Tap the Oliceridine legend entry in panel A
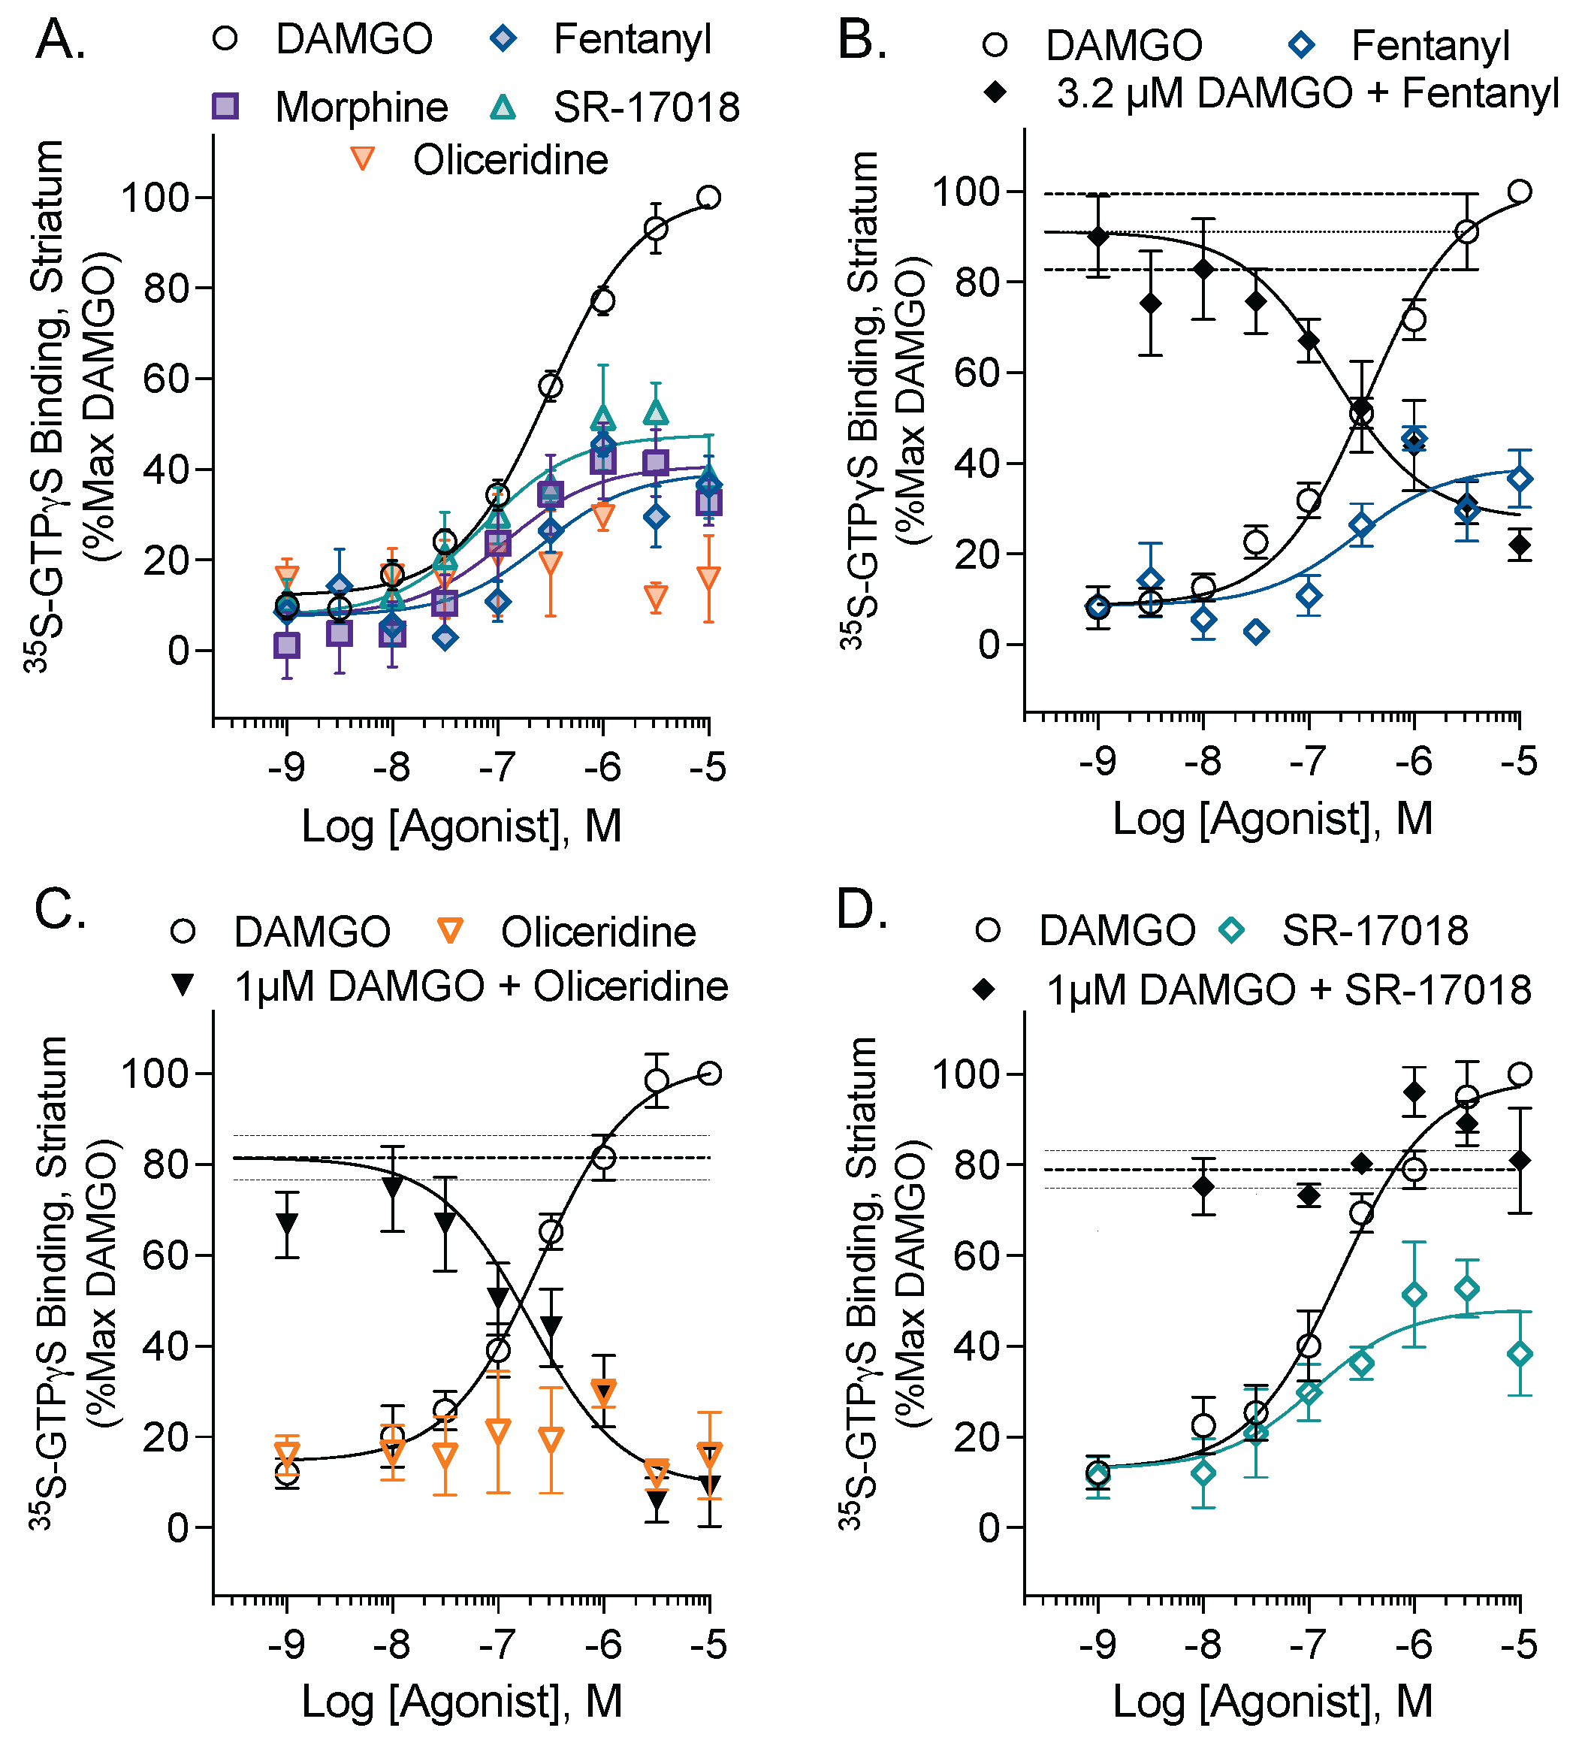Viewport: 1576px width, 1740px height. (x=509, y=161)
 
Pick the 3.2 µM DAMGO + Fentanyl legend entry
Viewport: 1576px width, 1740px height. (x=1307, y=93)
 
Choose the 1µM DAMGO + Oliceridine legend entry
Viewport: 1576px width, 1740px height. (x=481, y=986)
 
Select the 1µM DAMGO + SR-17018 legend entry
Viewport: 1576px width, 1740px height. (x=1288, y=990)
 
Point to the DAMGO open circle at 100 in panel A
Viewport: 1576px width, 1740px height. (x=708, y=197)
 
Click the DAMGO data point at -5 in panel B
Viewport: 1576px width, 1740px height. (x=1520, y=191)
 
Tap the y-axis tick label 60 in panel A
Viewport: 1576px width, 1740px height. (x=166, y=379)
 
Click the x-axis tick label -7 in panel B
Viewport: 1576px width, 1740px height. (x=1309, y=761)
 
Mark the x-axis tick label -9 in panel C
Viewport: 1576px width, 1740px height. (x=286, y=1644)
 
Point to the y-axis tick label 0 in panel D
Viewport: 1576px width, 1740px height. (x=989, y=1527)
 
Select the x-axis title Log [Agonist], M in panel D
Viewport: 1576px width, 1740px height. (x=1273, y=1702)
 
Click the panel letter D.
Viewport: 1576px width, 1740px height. (x=862, y=911)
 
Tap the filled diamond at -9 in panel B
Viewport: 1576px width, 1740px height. (x=1097, y=237)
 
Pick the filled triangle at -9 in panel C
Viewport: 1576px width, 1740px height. (x=286, y=1224)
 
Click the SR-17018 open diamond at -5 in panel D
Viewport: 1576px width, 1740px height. (x=1520, y=1354)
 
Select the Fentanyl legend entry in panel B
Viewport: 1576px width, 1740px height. (x=1430, y=46)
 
